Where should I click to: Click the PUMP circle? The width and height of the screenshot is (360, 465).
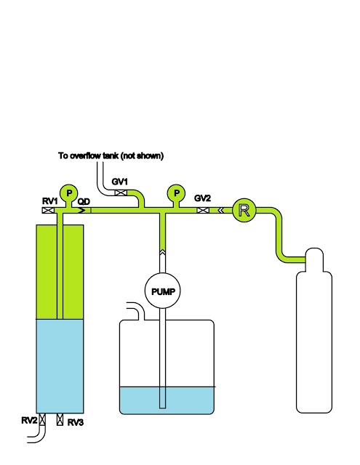pos(162,291)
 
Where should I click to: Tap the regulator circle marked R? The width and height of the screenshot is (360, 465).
pos(244,210)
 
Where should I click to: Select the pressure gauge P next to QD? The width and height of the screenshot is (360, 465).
pos(69,193)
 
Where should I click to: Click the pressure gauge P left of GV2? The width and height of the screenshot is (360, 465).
pos(176,193)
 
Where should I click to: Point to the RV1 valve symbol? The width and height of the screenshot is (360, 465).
pos(48,210)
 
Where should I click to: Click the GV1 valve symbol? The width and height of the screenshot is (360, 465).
pos(121,193)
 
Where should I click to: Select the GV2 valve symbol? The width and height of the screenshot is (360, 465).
pos(203,210)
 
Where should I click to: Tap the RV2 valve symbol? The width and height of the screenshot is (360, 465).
pos(42,419)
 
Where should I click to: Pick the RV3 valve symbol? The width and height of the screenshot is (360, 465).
pos(60,419)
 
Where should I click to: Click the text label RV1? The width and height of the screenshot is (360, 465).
pos(50,201)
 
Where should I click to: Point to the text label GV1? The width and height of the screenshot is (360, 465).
pos(119,182)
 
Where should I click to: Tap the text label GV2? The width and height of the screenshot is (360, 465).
pos(202,198)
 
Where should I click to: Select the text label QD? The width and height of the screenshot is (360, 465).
pos(84,202)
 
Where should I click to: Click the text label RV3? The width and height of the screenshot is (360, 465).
pos(76,423)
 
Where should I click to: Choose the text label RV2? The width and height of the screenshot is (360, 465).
pos(29,420)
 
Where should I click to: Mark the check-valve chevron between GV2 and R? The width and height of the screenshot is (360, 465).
pos(221,210)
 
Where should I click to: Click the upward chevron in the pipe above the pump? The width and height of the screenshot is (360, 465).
pos(162,252)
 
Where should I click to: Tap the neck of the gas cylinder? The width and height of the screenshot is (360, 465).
pos(314,259)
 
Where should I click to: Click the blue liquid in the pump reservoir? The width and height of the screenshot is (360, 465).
pos(167,400)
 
